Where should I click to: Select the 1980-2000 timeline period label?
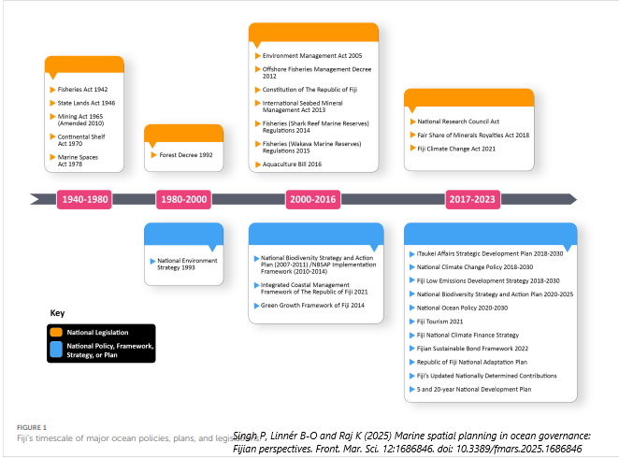click(183, 199)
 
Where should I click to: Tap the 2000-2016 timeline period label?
click(313, 199)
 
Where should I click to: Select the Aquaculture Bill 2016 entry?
click(293, 164)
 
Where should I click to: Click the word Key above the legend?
click(57, 313)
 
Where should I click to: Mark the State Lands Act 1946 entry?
click(86, 103)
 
